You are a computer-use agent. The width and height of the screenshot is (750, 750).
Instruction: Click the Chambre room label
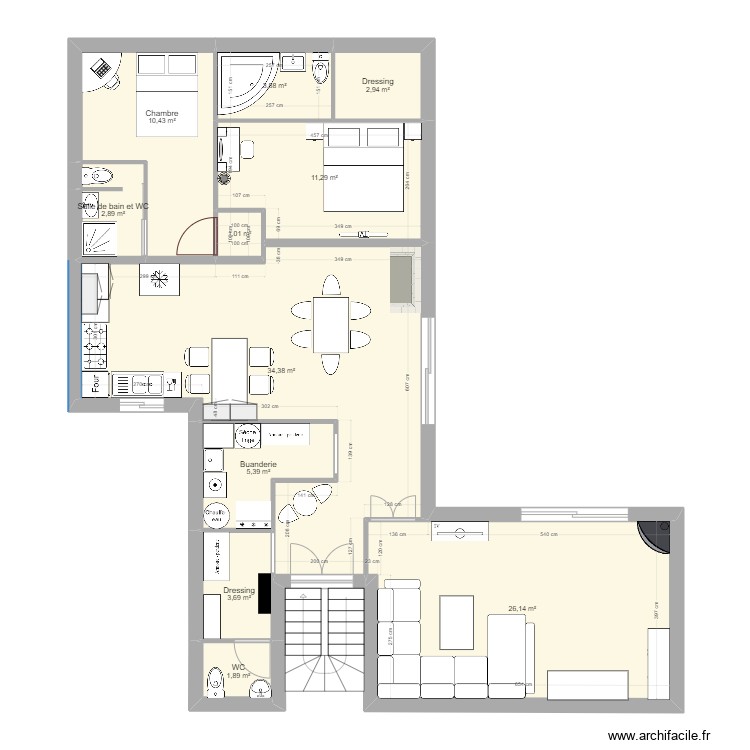161,114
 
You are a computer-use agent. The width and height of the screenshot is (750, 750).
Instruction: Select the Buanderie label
258,465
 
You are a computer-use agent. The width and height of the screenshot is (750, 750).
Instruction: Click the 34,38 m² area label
280,371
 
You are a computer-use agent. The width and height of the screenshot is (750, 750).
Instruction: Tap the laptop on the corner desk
101,67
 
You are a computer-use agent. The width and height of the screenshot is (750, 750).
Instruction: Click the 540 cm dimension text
548,536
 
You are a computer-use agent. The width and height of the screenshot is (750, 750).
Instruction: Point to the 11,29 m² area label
324,177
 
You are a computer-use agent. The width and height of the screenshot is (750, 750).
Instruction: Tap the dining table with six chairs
330,325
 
